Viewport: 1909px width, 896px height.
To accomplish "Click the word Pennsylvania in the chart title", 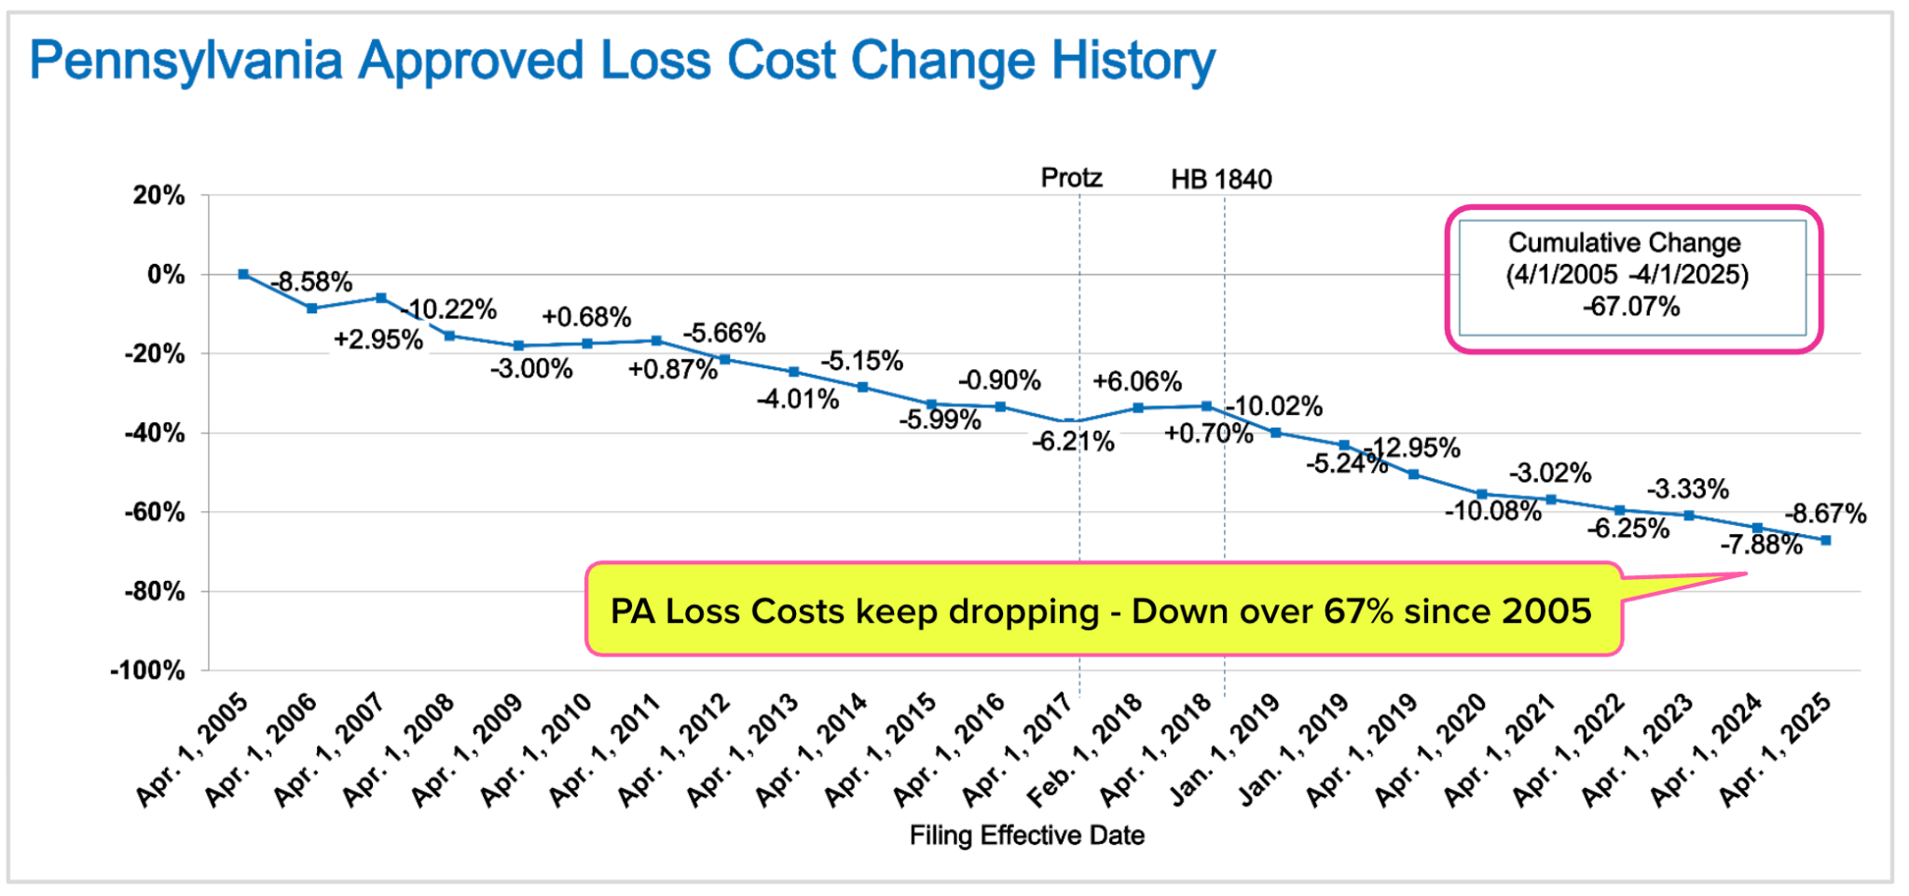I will point(186,62).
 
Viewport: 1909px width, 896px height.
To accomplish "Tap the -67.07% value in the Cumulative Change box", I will point(1631,307).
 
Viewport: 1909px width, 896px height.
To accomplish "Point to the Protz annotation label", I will point(1071,178).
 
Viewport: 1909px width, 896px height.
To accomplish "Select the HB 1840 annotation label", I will point(1221,179).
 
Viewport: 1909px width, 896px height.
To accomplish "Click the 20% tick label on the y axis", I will point(158,196).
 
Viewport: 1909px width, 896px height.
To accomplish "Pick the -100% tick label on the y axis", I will point(147,670).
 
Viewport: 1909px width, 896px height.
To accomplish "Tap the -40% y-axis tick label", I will point(154,433).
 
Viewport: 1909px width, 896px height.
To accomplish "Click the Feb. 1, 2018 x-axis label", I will point(1086,750).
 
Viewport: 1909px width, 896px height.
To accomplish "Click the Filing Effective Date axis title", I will point(1026,835).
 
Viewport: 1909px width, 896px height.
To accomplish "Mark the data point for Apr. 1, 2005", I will point(243,274).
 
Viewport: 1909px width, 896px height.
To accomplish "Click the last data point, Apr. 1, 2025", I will point(1825,540).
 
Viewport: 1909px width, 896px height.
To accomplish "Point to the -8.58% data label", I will point(311,282).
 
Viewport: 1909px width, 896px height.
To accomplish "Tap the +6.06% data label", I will point(1137,381).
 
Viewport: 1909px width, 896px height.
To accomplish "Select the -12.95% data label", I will point(1413,448).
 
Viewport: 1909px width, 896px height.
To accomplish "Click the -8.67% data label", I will point(1825,514).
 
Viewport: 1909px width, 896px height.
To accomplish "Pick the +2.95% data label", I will point(378,339).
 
